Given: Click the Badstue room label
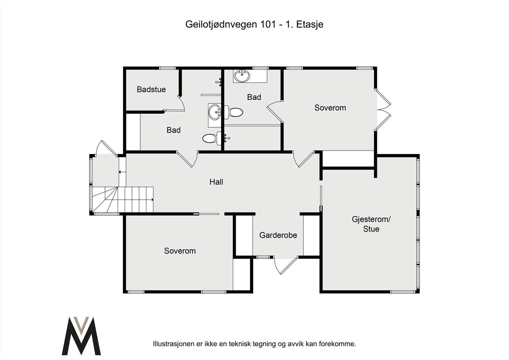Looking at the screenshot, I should click(151, 89).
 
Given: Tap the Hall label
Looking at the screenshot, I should click(216, 182).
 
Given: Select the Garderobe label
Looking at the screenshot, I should click(278, 235).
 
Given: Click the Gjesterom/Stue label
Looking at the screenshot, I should click(371, 224).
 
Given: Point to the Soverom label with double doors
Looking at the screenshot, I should click(330, 108).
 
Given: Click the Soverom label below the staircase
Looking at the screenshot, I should click(180, 251).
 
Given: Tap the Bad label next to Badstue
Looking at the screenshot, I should click(173, 130).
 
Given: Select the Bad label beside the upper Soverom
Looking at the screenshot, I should click(254, 97).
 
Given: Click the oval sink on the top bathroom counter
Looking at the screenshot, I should click(242, 76).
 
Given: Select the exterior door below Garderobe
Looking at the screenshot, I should click(285, 265).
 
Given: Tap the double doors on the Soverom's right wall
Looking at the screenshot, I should click(383, 109).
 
